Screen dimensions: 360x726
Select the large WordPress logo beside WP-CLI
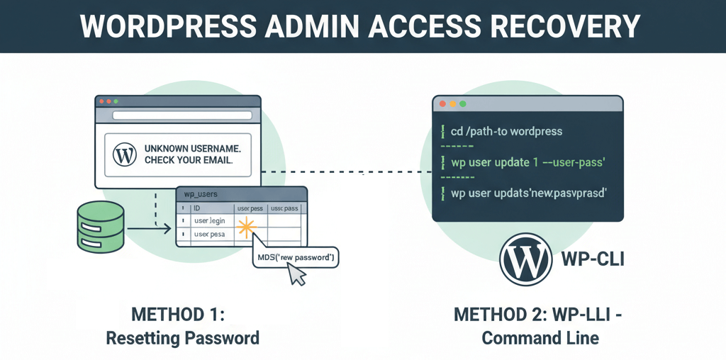click(x=525, y=259)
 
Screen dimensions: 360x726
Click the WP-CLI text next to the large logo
click(x=592, y=258)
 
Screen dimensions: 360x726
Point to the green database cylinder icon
click(x=101, y=225)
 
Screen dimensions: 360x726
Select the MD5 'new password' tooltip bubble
click(x=296, y=256)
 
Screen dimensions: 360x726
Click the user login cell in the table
click(x=210, y=221)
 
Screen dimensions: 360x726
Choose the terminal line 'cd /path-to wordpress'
click(x=506, y=132)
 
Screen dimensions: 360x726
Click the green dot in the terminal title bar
click(x=463, y=103)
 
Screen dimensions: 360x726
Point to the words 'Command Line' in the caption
click(x=540, y=338)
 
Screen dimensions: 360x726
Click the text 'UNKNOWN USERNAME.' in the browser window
click(x=191, y=149)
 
